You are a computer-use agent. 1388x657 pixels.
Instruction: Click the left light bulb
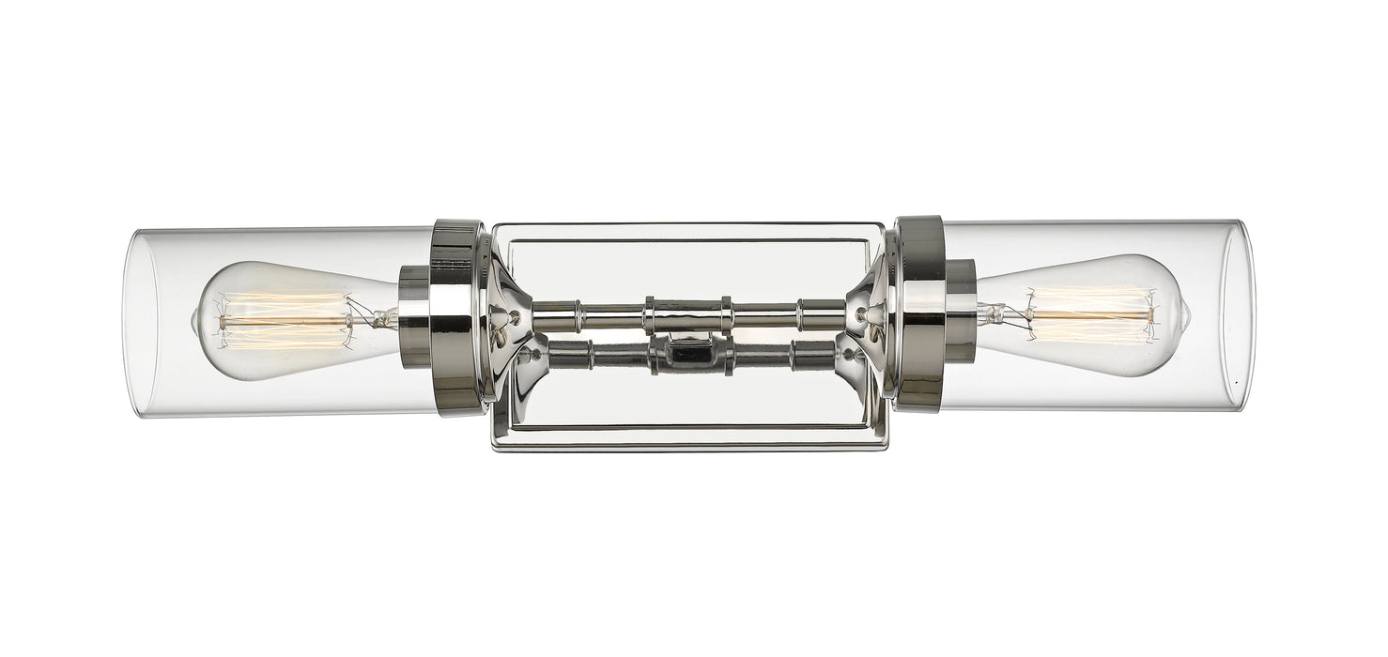point(282,321)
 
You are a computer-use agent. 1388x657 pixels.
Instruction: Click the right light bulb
point(1099,316)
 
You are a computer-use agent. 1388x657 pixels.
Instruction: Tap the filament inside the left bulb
point(282,320)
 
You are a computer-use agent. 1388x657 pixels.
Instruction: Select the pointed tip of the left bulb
point(195,322)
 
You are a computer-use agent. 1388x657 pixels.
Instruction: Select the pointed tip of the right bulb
point(1188,316)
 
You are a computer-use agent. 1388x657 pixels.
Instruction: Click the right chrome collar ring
point(920,314)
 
